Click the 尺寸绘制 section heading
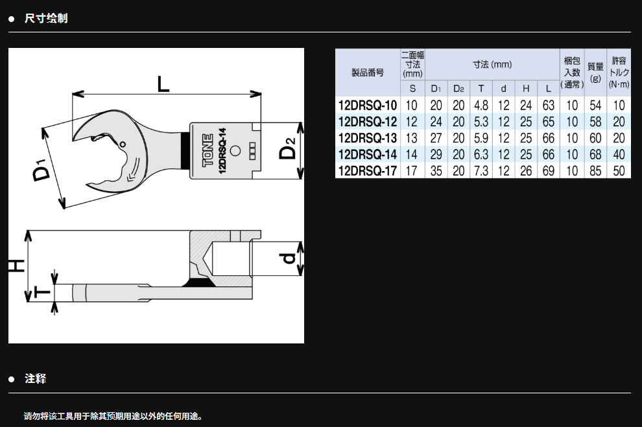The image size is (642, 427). point(46,18)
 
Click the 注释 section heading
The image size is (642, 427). point(35,379)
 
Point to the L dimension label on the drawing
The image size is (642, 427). point(163,84)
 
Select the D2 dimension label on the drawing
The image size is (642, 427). point(287,148)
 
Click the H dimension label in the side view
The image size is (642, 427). point(17,266)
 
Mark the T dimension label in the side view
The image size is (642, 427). point(42,292)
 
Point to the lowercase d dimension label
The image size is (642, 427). point(289,258)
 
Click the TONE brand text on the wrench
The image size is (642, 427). point(208,150)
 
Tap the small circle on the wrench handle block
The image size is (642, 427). point(235,150)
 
